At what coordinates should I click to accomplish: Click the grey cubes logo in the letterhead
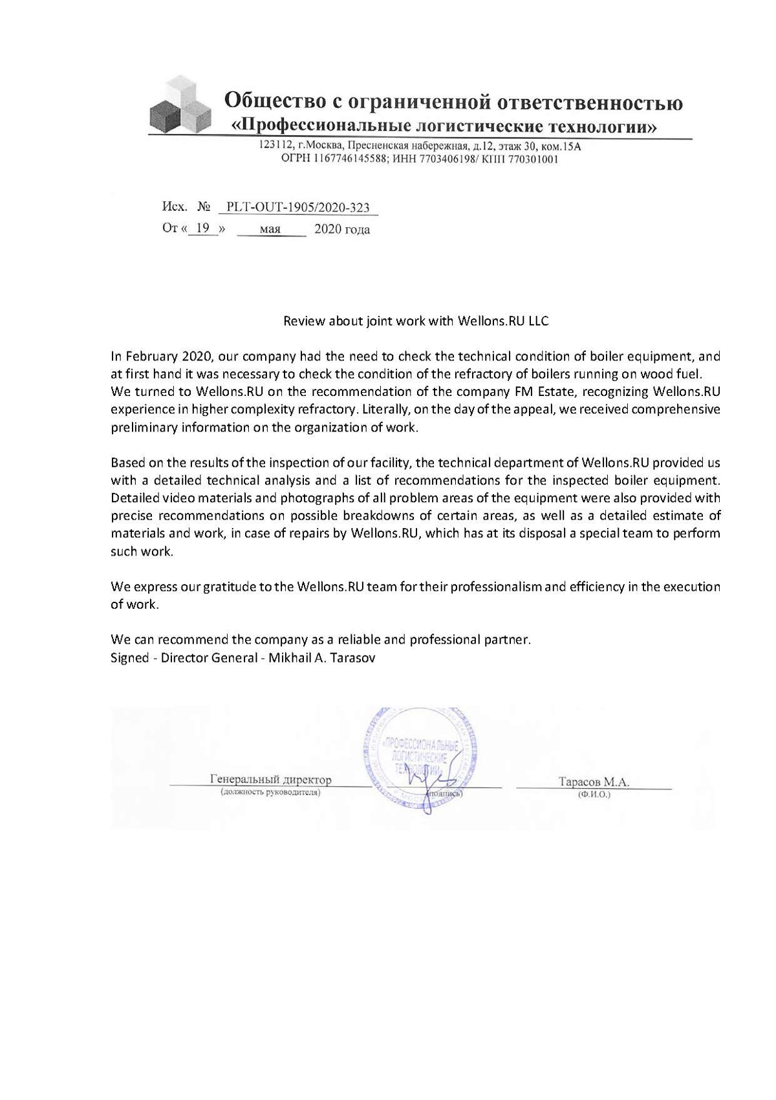coord(180,105)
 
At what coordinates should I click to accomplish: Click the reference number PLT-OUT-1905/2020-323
coord(298,207)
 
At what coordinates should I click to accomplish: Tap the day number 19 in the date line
coord(203,228)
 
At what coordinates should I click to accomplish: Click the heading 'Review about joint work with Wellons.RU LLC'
coord(416,321)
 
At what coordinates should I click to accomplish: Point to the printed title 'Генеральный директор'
coord(270,780)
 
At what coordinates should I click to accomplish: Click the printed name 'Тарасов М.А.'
coord(594,782)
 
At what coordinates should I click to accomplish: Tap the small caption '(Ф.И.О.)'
coord(594,795)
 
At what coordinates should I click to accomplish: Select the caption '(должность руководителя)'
coord(270,792)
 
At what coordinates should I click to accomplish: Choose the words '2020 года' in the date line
coord(342,229)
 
